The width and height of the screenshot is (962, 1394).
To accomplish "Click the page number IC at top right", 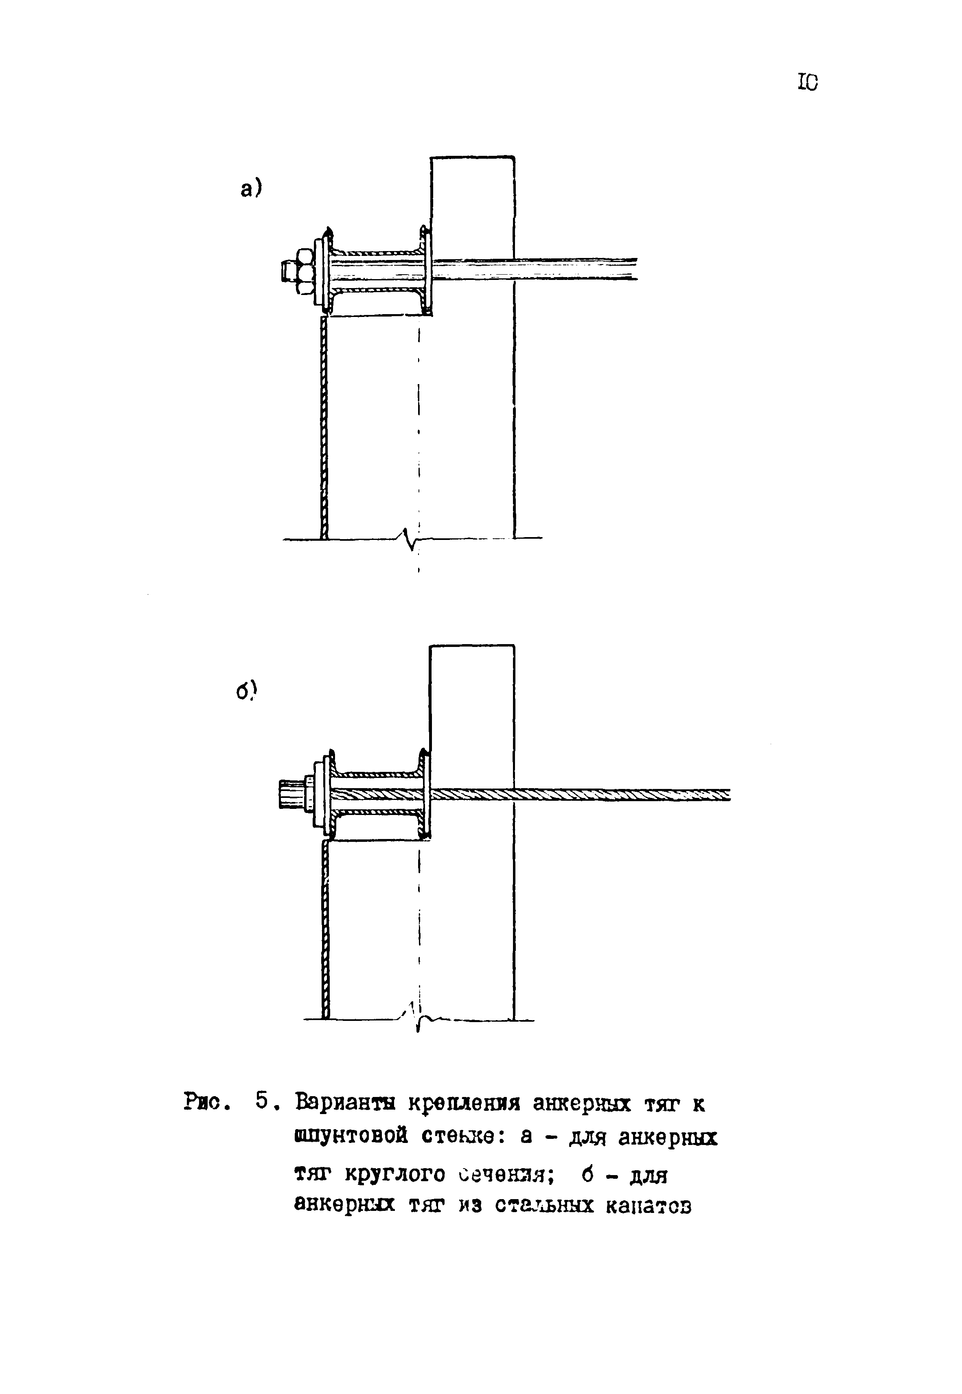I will (808, 82).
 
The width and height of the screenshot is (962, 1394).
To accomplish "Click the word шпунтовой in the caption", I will (350, 1137).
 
